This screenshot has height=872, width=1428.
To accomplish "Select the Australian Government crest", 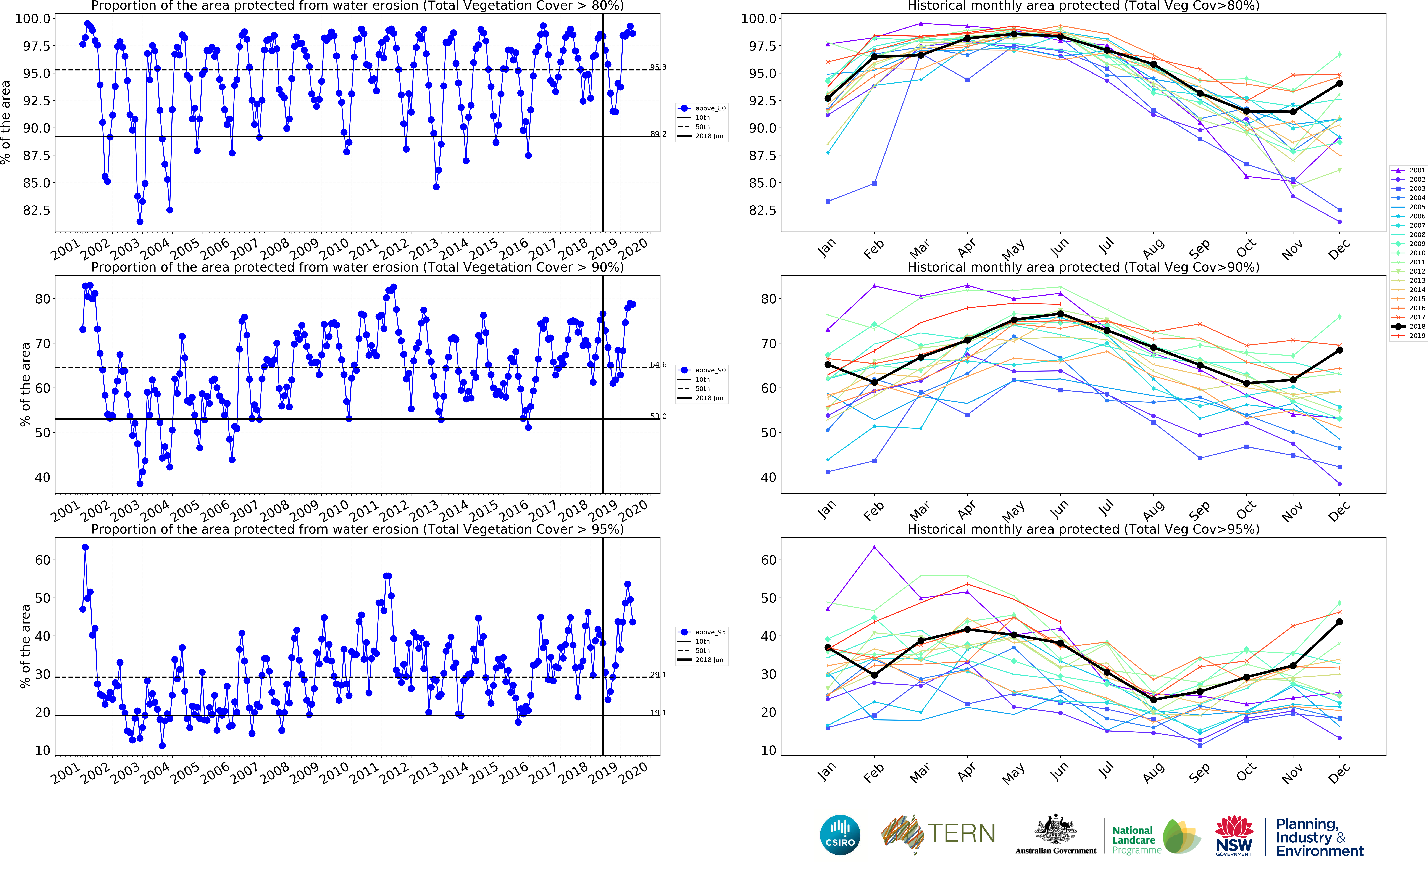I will pyautogui.click(x=1055, y=830).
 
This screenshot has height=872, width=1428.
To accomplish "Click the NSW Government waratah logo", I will pyautogui.click(x=1234, y=834).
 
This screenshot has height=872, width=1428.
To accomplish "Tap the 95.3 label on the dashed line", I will pyautogui.click(x=658, y=67).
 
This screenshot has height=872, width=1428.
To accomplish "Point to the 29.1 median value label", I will pyautogui.click(x=658, y=674).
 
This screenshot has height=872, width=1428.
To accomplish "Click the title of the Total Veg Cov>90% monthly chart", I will pyautogui.click(x=1083, y=267).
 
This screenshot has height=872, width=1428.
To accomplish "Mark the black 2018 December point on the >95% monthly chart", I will pyautogui.click(x=1339, y=622).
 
